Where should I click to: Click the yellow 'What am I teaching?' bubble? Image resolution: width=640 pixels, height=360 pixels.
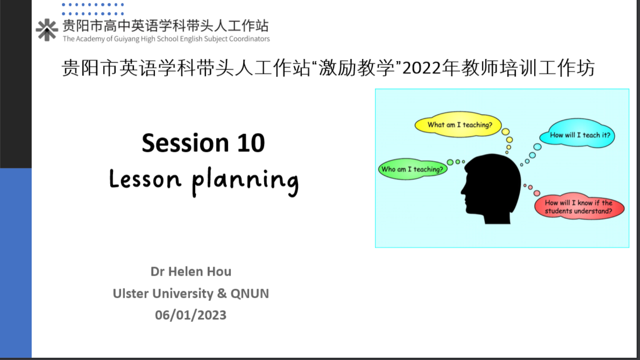click(x=458, y=124)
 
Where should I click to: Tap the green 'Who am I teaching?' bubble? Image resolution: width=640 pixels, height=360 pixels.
click(x=412, y=169)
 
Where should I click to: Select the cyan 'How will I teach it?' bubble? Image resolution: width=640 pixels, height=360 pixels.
click(x=580, y=134)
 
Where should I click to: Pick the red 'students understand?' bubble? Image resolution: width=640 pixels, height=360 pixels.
click(x=579, y=207)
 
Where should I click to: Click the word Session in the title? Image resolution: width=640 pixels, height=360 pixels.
click(x=185, y=143)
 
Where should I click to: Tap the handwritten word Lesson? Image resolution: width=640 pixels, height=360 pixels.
click(x=145, y=179)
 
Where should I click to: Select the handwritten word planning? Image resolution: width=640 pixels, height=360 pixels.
click(x=245, y=181)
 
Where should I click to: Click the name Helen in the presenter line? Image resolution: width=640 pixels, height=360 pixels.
click(x=186, y=271)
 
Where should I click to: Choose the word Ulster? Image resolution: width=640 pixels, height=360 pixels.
click(x=130, y=293)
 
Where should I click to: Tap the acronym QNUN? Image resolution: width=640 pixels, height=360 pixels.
click(x=249, y=294)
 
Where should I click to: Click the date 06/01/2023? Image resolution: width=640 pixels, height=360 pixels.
click(x=190, y=315)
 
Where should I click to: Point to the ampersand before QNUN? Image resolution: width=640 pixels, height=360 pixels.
click(x=222, y=293)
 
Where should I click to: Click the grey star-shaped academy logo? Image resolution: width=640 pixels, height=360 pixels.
click(x=47, y=30)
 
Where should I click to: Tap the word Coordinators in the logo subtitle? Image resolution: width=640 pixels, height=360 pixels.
click(x=249, y=39)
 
